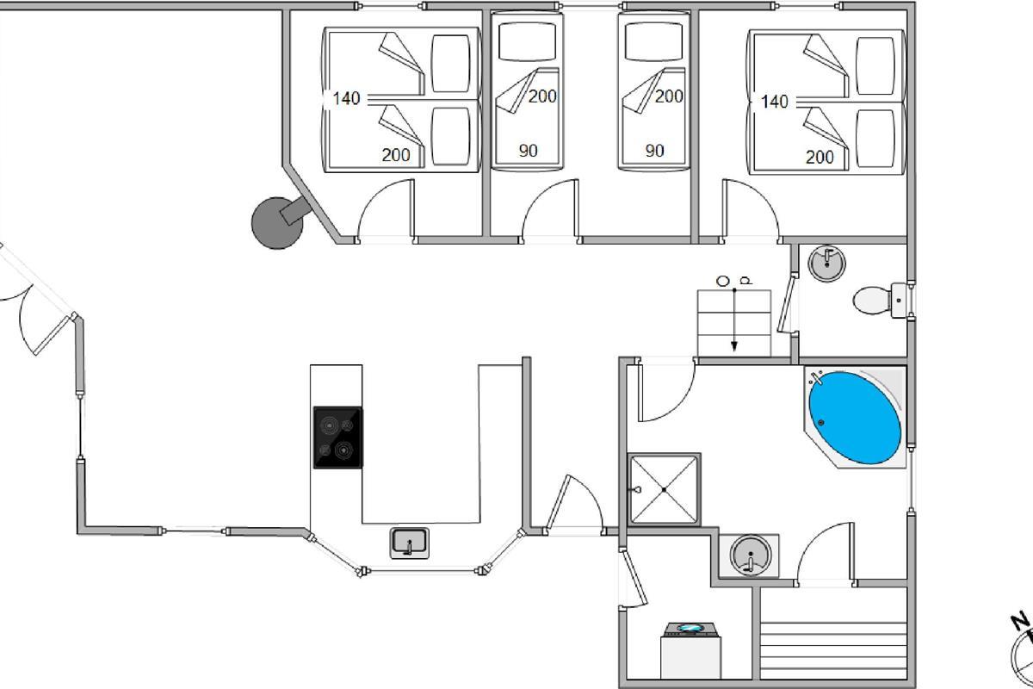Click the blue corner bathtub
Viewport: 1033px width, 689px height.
[855, 418]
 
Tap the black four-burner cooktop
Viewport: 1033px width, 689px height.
[337, 438]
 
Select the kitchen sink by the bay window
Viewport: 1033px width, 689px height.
[410, 543]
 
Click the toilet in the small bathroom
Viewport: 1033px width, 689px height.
[880, 301]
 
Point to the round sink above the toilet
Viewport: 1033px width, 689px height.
[827, 264]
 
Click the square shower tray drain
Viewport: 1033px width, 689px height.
[664, 489]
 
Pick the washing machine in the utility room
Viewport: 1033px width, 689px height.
[690, 650]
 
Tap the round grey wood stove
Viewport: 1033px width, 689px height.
[276, 223]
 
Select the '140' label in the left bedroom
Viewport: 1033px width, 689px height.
[346, 98]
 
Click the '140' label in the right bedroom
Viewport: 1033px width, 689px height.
[774, 102]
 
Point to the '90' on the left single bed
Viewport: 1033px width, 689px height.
[528, 151]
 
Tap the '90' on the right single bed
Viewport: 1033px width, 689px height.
[654, 151]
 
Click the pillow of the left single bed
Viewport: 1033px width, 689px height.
[527, 41]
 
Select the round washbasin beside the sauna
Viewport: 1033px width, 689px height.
[751, 556]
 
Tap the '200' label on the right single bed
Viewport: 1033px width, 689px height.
[669, 96]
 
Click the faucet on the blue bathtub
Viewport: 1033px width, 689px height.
[815, 377]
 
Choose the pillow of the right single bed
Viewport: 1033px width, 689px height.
[653, 41]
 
